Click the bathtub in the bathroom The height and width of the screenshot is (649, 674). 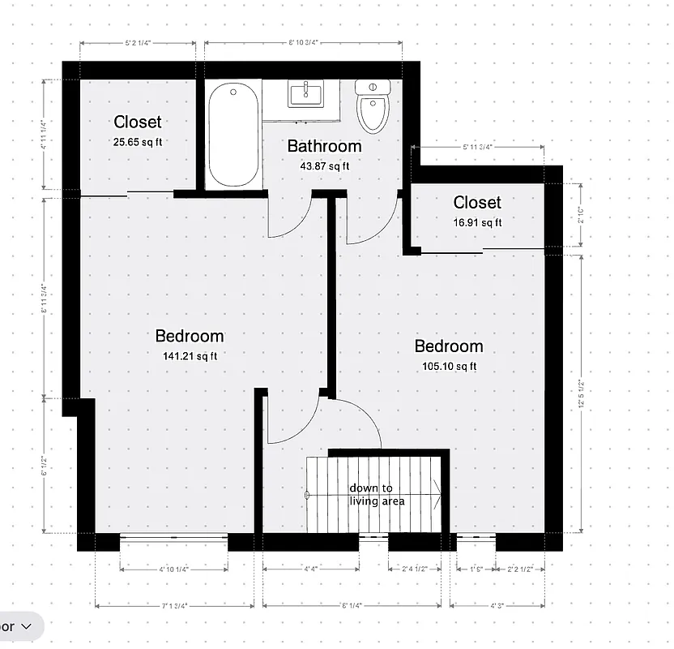[233, 135]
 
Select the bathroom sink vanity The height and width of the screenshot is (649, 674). [307, 95]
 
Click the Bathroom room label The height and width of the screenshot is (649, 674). [324, 147]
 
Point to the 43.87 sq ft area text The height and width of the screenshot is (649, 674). [324, 166]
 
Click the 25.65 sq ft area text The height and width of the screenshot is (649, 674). [138, 141]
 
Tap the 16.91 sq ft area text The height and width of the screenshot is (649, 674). [477, 222]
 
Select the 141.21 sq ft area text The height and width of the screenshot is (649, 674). [190, 355]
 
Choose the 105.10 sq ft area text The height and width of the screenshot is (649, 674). [449, 366]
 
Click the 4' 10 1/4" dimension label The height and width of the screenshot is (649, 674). [173, 569]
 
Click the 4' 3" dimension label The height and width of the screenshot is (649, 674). [497, 605]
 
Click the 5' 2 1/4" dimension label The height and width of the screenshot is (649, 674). [139, 43]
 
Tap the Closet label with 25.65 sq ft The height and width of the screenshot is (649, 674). [138, 122]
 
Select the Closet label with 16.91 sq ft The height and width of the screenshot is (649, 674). [477, 203]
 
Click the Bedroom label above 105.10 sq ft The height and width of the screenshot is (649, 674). [449, 346]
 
